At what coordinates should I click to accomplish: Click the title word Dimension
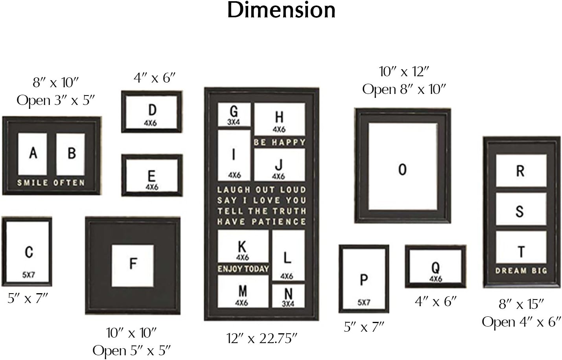[281, 10]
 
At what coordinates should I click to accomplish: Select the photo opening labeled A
[33, 154]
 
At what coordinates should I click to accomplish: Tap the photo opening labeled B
[71, 154]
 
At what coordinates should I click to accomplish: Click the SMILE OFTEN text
[51, 183]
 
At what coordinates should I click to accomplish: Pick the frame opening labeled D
[152, 113]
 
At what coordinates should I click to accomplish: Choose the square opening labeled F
[133, 266]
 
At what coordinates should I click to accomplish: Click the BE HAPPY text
[279, 142]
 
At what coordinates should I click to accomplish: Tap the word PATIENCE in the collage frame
[279, 222]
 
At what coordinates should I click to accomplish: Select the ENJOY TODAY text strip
[243, 269]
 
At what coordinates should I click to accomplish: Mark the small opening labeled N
[288, 296]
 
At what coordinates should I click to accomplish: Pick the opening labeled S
[521, 211]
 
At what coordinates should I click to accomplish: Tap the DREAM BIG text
[521, 271]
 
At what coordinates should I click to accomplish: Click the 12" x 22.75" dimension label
[262, 338]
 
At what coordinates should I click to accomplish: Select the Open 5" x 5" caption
[132, 351]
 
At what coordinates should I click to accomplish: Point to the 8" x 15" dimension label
[521, 304]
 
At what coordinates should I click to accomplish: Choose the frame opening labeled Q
[436, 266]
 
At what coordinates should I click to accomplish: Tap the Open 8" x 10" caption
[404, 90]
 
